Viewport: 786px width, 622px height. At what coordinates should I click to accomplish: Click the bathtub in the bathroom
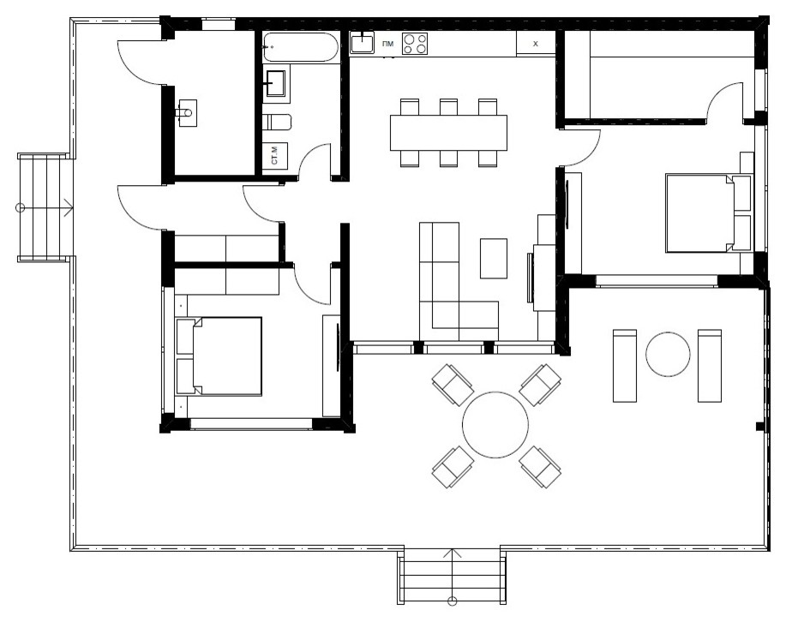pyautogui.click(x=300, y=48)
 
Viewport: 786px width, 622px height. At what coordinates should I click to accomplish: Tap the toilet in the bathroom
pyautogui.click(x=277, y=123)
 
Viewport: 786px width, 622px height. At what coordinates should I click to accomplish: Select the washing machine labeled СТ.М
pyautogui.click(x=275, y=155)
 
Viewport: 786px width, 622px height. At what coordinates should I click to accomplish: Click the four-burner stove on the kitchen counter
pyautogui.click(x=415, y=44)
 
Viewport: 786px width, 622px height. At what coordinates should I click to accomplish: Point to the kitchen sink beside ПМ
pyautogui.click(x=362, y=43)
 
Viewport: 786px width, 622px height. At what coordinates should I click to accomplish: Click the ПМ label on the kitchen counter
pyautogui.click(x=387, y=44)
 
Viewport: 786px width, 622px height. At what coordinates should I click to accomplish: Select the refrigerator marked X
pyautogui.click(x=536, y=44)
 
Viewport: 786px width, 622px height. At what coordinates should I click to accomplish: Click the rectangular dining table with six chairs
pyautogui.click(x=448, y=133)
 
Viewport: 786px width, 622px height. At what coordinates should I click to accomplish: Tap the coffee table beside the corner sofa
pyautogui.click(x=493, y=259)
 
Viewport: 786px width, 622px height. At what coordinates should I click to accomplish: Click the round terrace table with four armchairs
pyautogui.click(x=495, y=425)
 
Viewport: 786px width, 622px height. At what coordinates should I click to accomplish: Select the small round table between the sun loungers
pyautogui.click(x=667, y=354)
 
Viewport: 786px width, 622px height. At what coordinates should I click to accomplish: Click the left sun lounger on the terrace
pyautogui.click(x=625, y=366)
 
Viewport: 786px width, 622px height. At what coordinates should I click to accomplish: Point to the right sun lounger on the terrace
pyautogui.click(x=710, y=366)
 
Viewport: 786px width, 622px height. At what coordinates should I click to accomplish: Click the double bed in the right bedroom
pyautogui.click(x=709, y=213)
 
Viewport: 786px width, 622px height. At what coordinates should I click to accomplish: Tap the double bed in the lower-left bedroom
pyautogui.click(x=219, y=356)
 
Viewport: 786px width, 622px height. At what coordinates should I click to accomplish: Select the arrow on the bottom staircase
pyautogui.click(x=453, y=577)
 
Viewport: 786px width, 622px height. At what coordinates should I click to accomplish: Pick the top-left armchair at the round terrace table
pyautogui.click(x=453, y=385)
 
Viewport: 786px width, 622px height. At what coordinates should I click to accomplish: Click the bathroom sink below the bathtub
pyautogui.click(x=275, y=83)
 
